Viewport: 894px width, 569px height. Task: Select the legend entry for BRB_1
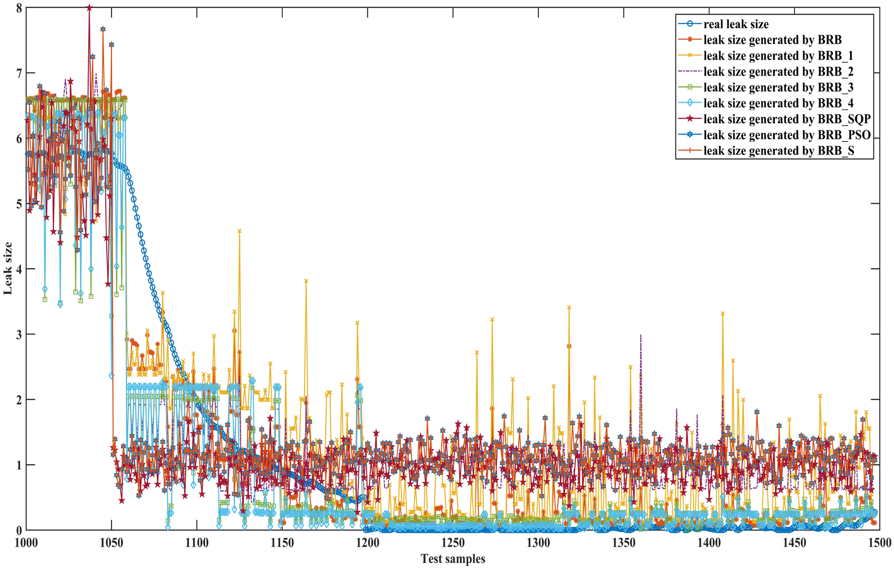[778, 56]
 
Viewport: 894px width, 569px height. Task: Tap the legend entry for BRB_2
[778, 72]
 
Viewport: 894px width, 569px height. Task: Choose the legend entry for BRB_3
[778, 87]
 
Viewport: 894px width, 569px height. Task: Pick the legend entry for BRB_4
[778, 103]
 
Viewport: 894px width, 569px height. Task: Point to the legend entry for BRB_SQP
[786, 119]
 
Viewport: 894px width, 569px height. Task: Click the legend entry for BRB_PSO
[786, 135]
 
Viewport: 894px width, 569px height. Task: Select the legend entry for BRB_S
[778, 151]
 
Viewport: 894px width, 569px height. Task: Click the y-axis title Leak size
[8, 268]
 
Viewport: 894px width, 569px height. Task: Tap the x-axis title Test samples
[453, 559]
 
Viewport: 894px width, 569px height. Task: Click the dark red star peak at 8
[89, 8]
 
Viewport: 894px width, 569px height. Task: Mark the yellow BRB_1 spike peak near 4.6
[239, 231]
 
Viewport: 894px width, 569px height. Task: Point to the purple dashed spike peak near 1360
[640, 335]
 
